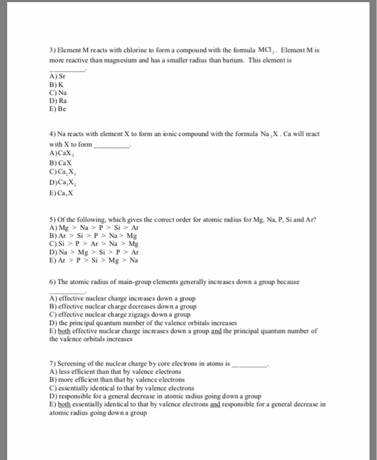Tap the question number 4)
point(53,134)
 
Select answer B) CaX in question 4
point(61,162)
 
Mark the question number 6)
point(53,281)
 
